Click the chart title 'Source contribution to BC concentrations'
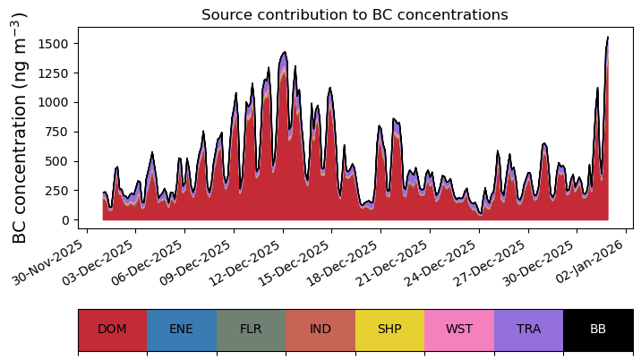click(x=355, y=14)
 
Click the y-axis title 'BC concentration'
click(x=19, y=149)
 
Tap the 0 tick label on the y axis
click(x=65, y=220)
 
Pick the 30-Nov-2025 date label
click(x=47, y=261)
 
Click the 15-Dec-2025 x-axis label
click(x=293, y=261)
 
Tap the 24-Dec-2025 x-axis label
click(x=440, y=261)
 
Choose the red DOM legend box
click(x=113, y=330)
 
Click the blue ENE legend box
click(x=182, y=330)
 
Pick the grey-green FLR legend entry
click(x=251, y=330)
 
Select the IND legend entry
click(x=320, y=330)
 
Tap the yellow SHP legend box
click(x=390, y=330)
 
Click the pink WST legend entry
click(x=459, y=330)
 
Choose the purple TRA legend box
click(x=528, y=330)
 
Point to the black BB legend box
click(x=599, y=330)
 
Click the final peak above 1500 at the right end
click(x=608, y=38)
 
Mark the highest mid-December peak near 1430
click(x=285, y=52)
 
